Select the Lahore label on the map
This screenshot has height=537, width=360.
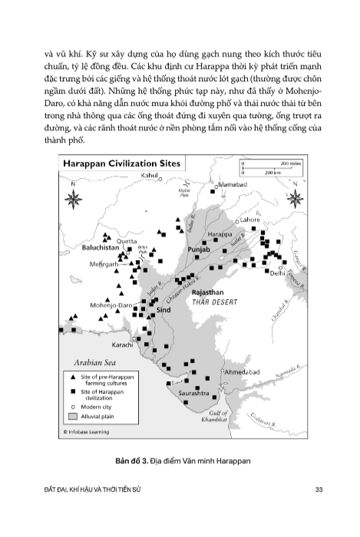pyautogui.click(x=250, y=219)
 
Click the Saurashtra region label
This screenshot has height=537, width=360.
pyautogui.click(x=193, y=394)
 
